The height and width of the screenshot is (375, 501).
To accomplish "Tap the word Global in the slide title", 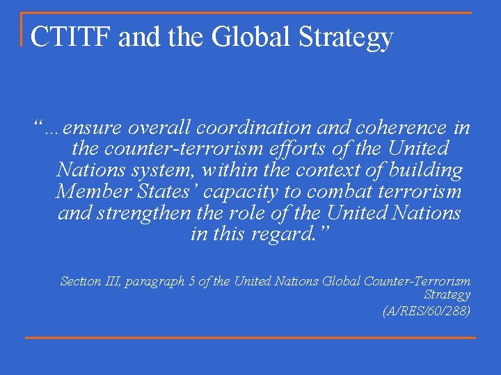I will [239, 37].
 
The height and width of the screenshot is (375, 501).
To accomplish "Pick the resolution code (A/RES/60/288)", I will [427, 311].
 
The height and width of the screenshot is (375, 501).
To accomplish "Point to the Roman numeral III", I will [114, 281].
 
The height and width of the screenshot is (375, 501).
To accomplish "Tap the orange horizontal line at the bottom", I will [250, 338].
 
